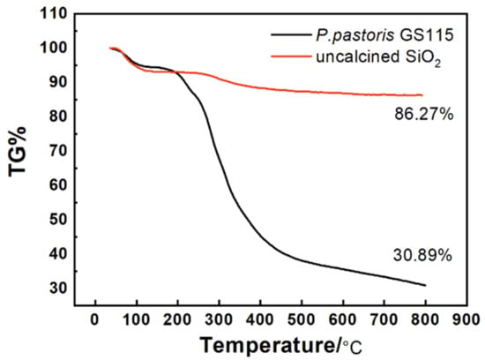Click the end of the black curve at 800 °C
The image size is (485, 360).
[425, 285]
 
